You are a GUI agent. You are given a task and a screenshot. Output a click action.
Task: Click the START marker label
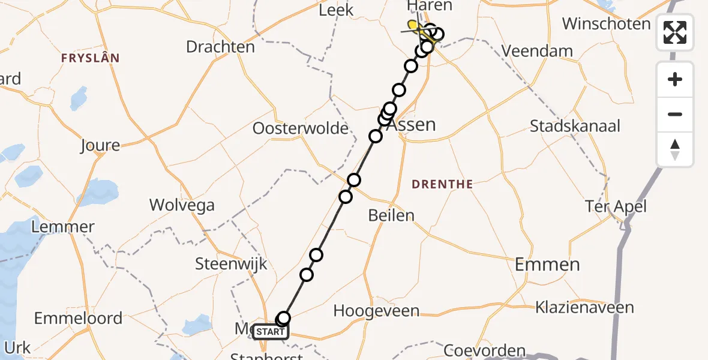(x=271, y=332)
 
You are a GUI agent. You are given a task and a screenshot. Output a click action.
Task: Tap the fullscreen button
(x=675, y=32)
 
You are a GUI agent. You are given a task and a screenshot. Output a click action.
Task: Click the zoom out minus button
(x=675, y=114)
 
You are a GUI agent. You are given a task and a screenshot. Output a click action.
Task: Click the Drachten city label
(x=220, y=46)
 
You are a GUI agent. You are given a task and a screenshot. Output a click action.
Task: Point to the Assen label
(x=410, y=125)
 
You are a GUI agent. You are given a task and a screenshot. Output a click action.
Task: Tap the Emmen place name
(x=547, y=264)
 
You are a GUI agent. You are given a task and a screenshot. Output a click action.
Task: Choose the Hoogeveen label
(x=376, y=311)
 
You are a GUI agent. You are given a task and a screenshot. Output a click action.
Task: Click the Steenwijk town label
(x=231, y=264)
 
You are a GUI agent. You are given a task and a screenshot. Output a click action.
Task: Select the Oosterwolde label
(x=301, y=128)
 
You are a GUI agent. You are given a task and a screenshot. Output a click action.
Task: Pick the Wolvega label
(x=182, y=205)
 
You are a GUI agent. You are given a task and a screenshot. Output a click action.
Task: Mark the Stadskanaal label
(x=575, y=127)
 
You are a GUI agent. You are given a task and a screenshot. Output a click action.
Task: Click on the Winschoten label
(x=606, y=24)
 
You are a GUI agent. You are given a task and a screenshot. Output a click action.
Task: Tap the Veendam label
(x=537, y=51)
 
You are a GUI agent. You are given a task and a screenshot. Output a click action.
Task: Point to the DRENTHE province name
(x=442, y=184)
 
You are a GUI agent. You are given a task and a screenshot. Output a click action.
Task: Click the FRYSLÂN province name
(x=90, y=58)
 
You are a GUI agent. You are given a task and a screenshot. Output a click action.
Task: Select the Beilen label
(x=391, y=215)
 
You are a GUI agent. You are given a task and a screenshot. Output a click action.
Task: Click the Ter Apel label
(x=616, y=207)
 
